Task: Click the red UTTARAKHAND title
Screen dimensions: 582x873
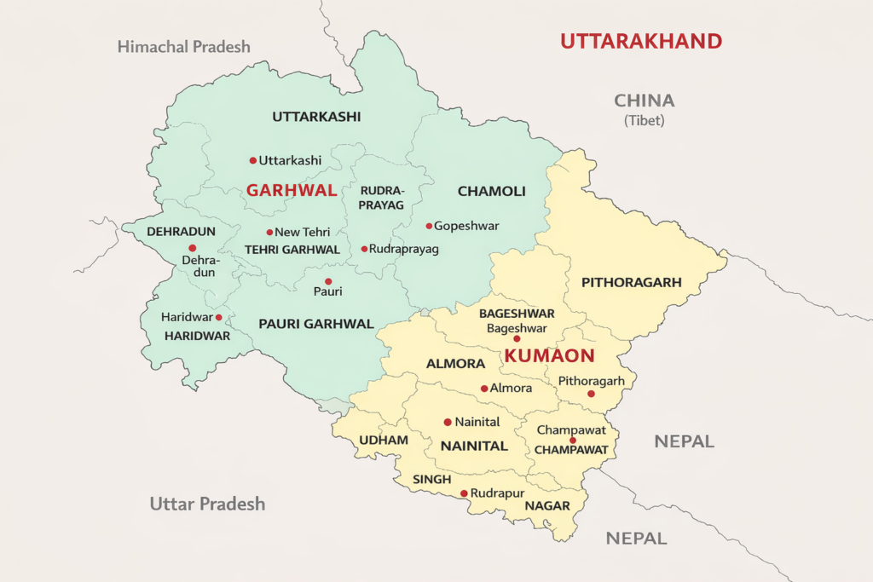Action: (x=640, y=40)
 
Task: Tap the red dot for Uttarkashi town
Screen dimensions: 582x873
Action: (x=253, y=160)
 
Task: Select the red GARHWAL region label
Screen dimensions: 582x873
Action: (x=292, y=190)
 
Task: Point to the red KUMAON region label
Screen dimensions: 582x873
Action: (x=550, y=356)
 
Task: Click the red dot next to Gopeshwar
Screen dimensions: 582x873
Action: (x=429, y=226)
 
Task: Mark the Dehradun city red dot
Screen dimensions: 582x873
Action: (x=193, y=248)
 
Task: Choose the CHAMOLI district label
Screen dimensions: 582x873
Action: (x=491, y=191)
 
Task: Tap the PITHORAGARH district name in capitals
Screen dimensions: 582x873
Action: (x=631, y=282)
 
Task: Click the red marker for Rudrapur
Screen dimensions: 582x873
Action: (x=464, y=493)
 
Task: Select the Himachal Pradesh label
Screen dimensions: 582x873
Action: (x=183, y=46)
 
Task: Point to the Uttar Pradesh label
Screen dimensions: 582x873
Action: (x=207, y=504)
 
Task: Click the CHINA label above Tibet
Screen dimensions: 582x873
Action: (x=645, y=101)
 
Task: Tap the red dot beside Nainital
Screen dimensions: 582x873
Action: (x=448, y=422)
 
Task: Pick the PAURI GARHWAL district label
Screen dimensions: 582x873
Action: (x=316, y=324)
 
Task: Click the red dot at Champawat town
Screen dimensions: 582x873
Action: (x=573, y=441)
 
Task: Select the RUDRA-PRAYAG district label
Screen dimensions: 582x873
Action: (x=381, y=198)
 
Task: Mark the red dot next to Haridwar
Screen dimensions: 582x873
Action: (x=219, y=317)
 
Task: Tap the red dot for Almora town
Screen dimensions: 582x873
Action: (x=484, y=389)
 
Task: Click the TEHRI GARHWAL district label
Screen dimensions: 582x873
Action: (x=292, y=250)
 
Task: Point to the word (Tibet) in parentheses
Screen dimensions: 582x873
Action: (x=645, y=120)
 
